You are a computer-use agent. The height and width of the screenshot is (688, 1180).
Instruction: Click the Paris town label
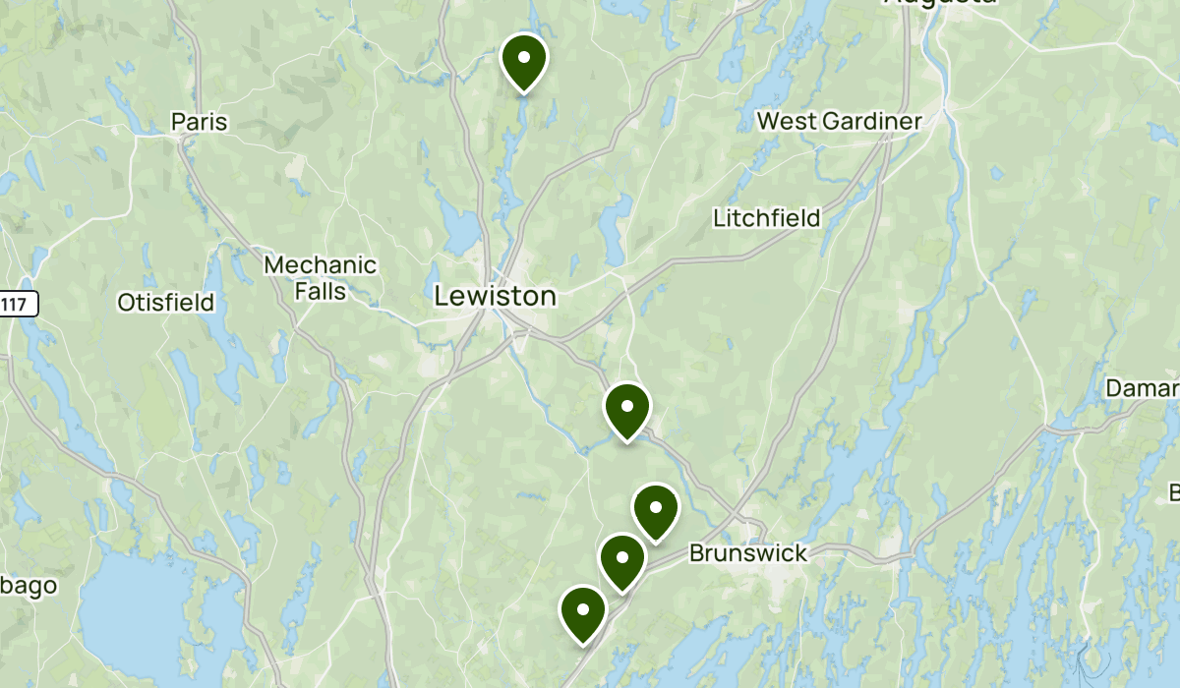(199, 122)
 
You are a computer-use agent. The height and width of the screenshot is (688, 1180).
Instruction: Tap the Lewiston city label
(496, 296)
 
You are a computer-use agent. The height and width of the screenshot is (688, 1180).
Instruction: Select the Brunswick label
(747, 553)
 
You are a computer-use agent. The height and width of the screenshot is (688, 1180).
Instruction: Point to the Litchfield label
(767, 217)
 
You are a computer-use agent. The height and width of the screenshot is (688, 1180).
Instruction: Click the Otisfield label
(165, 303)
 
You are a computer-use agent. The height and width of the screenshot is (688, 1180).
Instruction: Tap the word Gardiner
(873, 121)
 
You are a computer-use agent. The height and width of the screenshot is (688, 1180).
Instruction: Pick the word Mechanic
(321, 265)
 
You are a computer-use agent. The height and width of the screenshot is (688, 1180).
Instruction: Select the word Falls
(321, 291)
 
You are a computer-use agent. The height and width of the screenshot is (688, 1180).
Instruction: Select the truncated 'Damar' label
(1142, 388)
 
